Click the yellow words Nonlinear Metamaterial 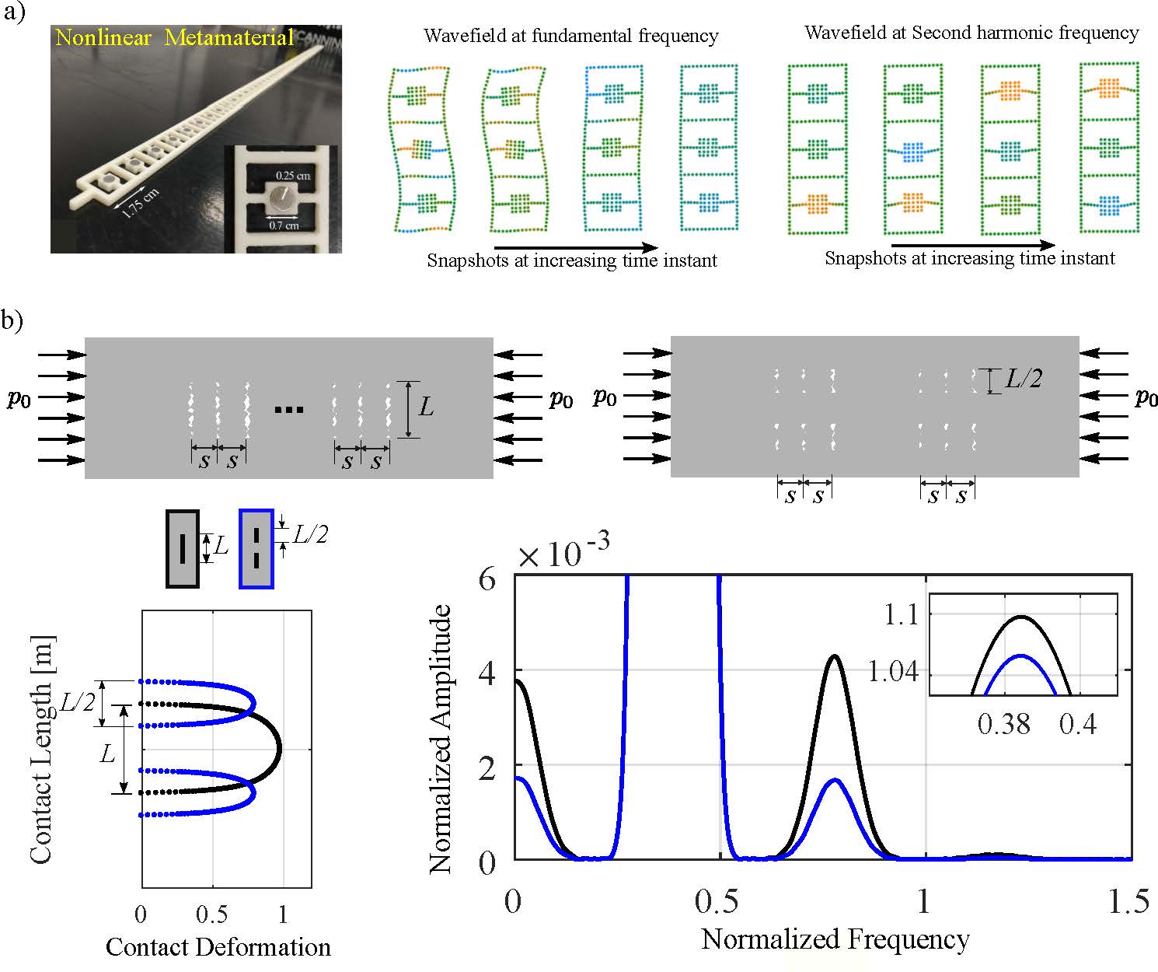pyautogui.click(x=175, y=37)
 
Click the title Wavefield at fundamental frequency pyautogui.click(x=571, y=36)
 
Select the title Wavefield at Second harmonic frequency pyautogui.click(x=971, y=33)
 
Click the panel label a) pyautogui.click(x=16, y=13)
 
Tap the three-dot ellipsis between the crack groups pyautogui.click(x=289, y=410)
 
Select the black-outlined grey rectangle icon pyautogui.click(x=183, y=548)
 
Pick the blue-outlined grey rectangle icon pyautogui.click(x=256, y=548)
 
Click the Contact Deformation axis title pyautogui.click(x=218, y=946)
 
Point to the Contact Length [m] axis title pyautogui.click(x=42, y=749)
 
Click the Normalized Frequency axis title pyautogui.click(x=835, y=939)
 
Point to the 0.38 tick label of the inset pyautogui.click(x=1004, y=724)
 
